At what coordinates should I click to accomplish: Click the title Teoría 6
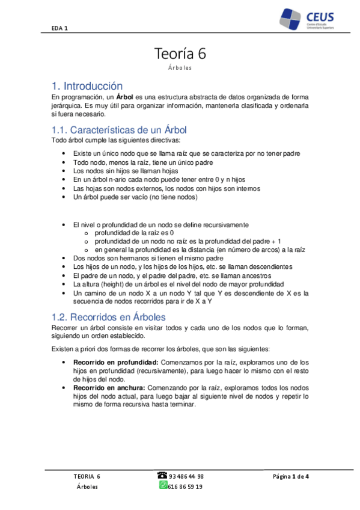[180, 54]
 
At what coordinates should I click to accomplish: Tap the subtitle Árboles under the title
[180, 68]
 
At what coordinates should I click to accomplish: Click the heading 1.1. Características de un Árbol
[120, 130]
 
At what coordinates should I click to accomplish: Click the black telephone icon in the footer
[163, 475]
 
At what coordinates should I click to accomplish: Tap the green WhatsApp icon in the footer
[163, 485]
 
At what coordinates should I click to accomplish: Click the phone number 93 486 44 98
[186, 476]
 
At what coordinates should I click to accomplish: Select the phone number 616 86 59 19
[186, 486]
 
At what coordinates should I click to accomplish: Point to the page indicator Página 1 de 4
[290, 476]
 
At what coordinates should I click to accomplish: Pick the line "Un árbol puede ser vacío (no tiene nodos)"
[135, 197]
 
